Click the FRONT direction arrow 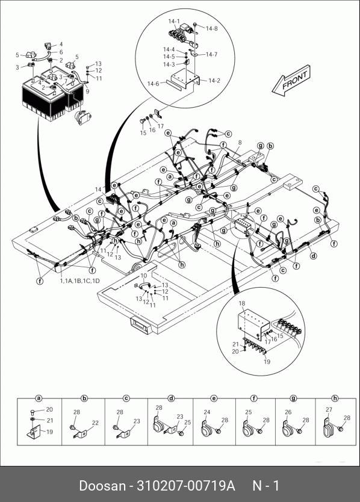[291, 81]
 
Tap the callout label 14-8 [212, 28]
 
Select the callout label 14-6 [153, 84]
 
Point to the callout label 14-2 [214, 81]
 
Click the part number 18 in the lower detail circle [242, 303]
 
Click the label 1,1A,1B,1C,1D [79, 280]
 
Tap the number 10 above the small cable [144, 276]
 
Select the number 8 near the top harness [240, 143]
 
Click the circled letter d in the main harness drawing [314, 256]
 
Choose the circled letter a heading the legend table [39, 398]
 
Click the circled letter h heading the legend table [335, 398]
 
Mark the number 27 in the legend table [329, 409]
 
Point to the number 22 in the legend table [95, 423]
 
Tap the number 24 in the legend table [207, 412]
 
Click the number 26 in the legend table [288, 412]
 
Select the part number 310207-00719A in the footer [186, 486]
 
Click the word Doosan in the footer [102, 486]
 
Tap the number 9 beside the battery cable [87, 91]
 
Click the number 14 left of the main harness [98, 190]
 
